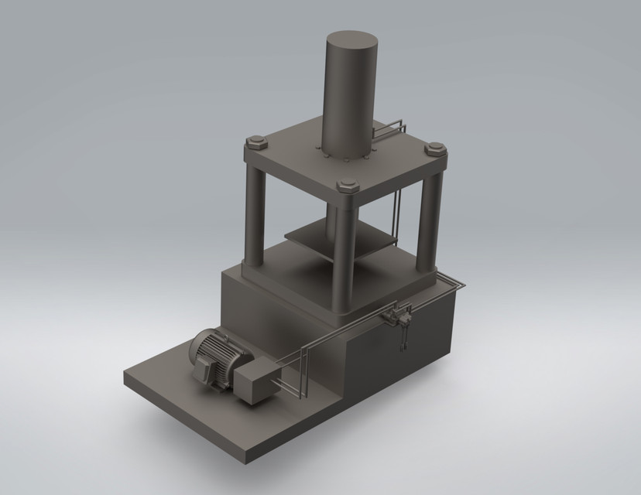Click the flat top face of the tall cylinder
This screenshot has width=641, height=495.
click(352, 39)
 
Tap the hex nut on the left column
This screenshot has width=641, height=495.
click(255, 142)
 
